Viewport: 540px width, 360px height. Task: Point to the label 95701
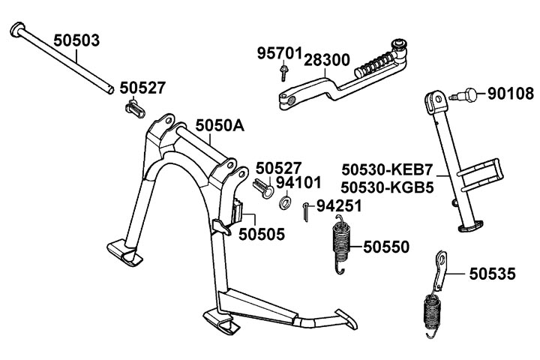[x=279, y=54]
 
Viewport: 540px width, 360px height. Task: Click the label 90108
[x=510, y=94]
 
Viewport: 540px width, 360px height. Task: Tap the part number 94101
[x=298, y=182]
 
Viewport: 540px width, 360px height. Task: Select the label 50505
[x=262, y=235]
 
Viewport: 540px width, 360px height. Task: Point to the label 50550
[x=386, y=246]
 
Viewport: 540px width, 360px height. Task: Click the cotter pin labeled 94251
[x=307, y=211]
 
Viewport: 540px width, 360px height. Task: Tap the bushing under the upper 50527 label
[x=133, y=109]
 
